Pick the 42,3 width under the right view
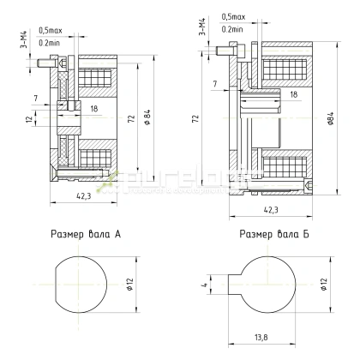tap(270, 208)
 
